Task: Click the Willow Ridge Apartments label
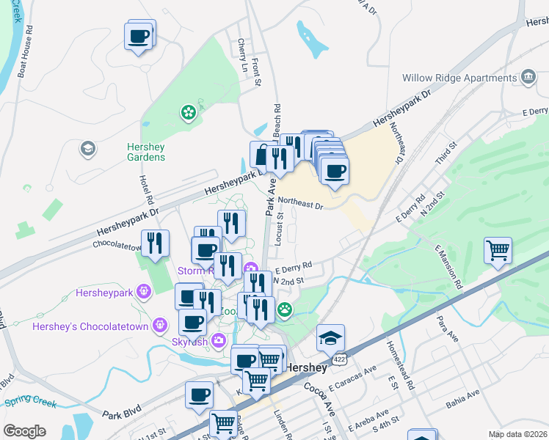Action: point(459,78)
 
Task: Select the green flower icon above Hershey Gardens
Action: point(189,112)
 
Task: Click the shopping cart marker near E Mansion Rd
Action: point(498,252)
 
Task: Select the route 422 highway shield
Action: point(338,360)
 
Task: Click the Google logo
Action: point(24,430)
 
